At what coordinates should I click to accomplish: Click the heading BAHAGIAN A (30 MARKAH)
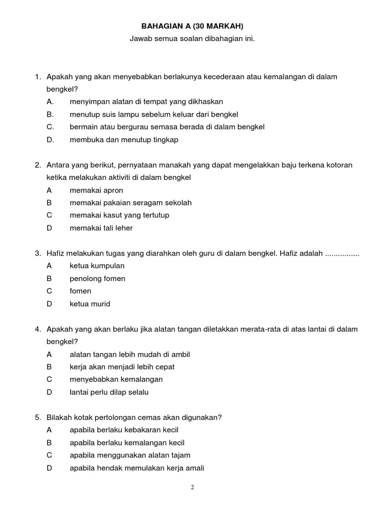coord(192,26)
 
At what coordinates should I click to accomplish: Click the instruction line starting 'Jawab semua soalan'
coord(192,39)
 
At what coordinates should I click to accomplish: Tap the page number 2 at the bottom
coord(192,487)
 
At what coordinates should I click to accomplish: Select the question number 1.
coord(38,77)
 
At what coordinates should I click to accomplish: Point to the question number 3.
coord(38,253)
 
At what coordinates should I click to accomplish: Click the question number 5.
coord(38,417)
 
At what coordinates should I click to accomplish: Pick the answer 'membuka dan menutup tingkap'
coord(124,140)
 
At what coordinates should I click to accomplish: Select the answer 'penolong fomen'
coord(97,279)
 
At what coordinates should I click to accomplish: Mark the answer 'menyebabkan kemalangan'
coord(116,379)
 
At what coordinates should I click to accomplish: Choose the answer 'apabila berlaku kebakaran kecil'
coord(124,430)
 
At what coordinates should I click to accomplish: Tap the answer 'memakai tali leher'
coord(101,228)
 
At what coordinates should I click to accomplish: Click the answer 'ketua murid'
coord(90,304)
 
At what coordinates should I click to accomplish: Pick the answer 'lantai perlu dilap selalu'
coord(109,392)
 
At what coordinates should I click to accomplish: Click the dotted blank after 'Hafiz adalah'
coord(342,254)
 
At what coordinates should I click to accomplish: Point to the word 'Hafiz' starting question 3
coord(55,253)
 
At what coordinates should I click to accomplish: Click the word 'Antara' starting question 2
coord(58,165)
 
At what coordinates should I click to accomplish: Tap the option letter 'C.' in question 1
coord(50,127)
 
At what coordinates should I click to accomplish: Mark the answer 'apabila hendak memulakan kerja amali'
coord(137,468)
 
